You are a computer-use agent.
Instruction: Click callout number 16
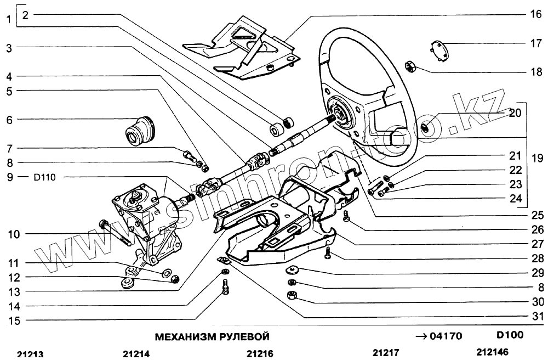535,15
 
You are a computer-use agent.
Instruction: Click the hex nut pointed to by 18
411,67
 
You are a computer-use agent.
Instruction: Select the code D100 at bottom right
510,335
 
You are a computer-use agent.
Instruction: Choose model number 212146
492,353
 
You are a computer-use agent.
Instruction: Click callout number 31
538,317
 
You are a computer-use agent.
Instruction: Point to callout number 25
538,215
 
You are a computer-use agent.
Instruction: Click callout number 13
9,291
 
